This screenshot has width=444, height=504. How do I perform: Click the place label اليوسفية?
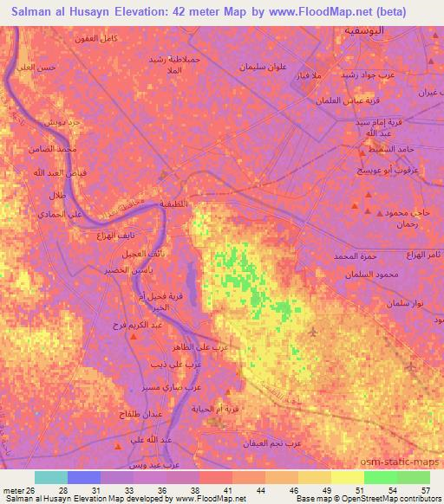[x=360, y=30]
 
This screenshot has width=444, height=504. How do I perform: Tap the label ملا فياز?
[x=325, y=77]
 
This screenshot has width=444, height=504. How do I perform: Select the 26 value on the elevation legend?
[x=32, y=489]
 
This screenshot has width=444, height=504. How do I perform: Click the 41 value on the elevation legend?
[x=213, y=489]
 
